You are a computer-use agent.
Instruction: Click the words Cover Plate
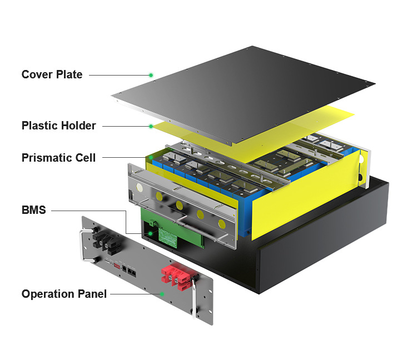[x=52, y=74]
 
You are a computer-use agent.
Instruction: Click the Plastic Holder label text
[x=58, y=126]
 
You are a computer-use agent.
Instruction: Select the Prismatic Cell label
[x=58, y=158]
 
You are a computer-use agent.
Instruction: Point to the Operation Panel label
[x=64, y=294]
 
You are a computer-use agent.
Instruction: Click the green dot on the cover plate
[x=150, y=74]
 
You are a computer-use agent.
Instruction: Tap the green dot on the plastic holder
[x=151, y=126]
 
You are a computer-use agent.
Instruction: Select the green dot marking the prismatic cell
[x=151, y=158]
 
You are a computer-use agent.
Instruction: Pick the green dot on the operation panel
[x=162, y=294]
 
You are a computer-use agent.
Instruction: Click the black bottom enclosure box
[x=322, y=244]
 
